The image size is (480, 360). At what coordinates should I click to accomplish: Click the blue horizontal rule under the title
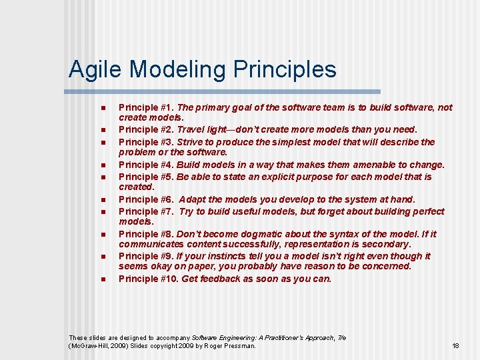pos(224,91)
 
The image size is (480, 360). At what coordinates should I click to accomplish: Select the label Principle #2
pos(145,129)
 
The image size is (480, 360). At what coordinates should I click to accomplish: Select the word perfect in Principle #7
pos(425,211)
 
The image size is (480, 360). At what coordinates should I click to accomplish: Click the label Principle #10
pos(148,279)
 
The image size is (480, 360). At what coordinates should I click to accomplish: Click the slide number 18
pos(455,346)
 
